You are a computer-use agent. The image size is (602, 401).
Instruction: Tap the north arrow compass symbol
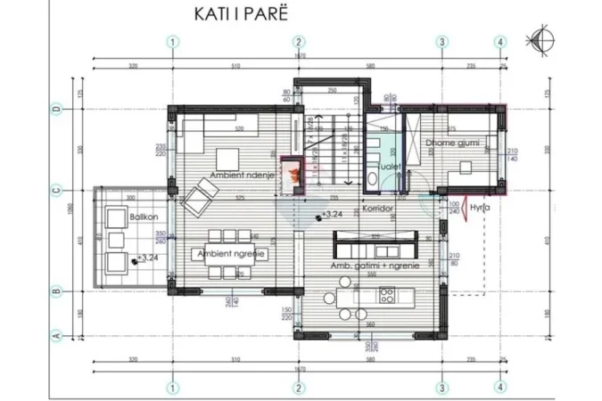[540, 37]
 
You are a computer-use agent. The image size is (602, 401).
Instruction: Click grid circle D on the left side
[56, 109]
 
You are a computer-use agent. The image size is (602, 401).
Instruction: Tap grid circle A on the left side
[56, 335]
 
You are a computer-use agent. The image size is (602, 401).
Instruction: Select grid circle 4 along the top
[501, 40]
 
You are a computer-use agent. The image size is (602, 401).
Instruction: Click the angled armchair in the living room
[200, 191]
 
